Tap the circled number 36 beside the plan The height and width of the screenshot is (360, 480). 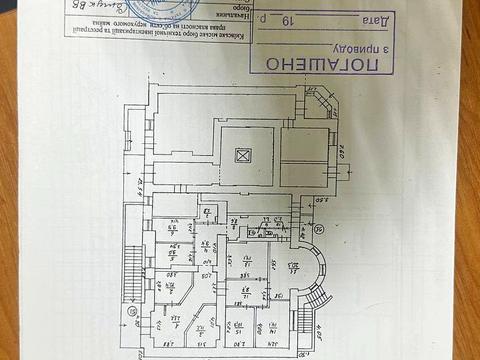coord(319,229)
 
